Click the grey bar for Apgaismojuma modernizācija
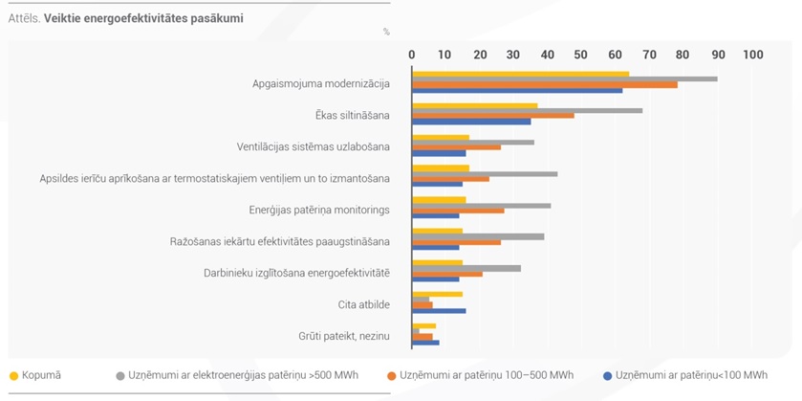tap(565, 78)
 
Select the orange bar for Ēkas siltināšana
tap(493, 116)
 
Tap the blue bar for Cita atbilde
tap(439, 311)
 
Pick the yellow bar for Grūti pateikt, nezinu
tap(424, 325)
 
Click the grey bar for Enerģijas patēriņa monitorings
tap(482, 206)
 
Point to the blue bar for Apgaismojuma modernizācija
tap(517, 91)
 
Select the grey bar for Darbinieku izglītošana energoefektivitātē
tap(466, 268)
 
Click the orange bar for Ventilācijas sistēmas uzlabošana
tap(456, 147)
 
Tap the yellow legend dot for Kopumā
tap(13, 376)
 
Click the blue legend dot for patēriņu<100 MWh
tap(608, 376)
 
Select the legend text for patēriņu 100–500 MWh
tap(487, 375)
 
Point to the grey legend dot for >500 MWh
tap(120, 376)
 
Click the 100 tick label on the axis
tap(753, 55)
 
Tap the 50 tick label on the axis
tap(581, 55)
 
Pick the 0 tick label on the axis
tap(411, 55)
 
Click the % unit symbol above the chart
tap(386, 32)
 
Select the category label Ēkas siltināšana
tap(353, 115)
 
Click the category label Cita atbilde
tap(364, 304)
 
